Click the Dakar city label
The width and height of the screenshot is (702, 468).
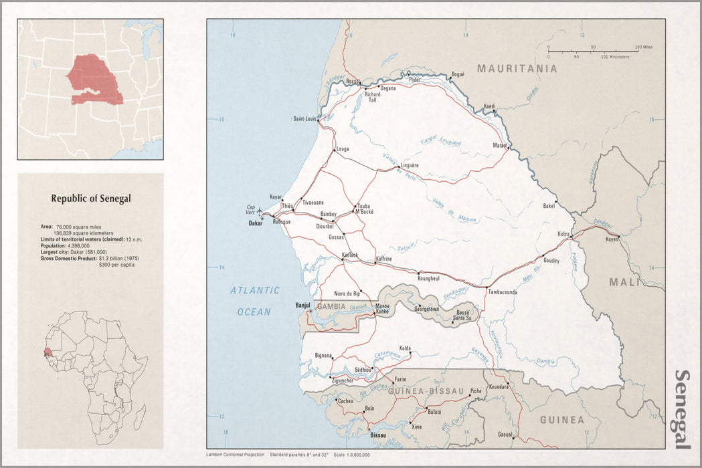[254, 223]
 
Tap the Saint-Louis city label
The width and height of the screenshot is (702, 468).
[304, 119]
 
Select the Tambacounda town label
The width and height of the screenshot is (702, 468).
[503, 292]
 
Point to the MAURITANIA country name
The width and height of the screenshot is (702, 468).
[517, 68]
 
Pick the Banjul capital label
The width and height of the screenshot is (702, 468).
[304, 306]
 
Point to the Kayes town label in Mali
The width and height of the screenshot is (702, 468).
[612, 239]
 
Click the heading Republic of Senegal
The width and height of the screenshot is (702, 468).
[91, 198]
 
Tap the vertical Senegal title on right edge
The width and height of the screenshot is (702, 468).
[683, 409]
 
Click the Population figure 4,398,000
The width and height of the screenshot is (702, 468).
[65, 245]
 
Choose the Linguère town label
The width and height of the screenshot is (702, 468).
[409, 165]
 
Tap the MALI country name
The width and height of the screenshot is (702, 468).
[624, 282]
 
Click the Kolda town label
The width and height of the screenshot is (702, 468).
[405, 348]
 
